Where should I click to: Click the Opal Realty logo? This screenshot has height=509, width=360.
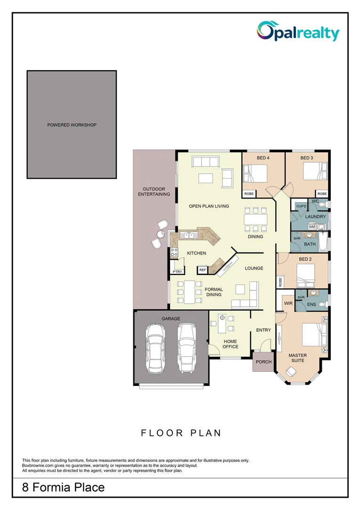click(297, 32)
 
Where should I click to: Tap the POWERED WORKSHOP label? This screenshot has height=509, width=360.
click(72, 125)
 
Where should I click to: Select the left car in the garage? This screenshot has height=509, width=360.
click(155, 348)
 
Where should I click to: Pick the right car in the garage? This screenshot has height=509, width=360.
click(187, 348)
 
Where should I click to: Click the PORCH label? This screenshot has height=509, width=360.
click(263, 362)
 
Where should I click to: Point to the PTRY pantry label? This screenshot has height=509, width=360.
click(177, 271)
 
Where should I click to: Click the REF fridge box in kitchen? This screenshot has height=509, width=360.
click(203, 270)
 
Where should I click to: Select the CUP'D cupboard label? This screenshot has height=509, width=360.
click(301, 206)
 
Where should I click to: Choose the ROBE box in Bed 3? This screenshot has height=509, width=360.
click(322, 194)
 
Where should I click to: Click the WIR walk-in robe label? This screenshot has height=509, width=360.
click(289, 304)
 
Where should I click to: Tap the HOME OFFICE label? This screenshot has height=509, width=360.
click(230, 344)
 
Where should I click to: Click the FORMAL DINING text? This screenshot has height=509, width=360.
click(213, 292)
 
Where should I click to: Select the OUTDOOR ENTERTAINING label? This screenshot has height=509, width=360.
click(154, 191)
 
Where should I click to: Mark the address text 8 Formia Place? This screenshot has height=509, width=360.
click(64, 487)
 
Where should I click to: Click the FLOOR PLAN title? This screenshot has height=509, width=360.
click(181, 433)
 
